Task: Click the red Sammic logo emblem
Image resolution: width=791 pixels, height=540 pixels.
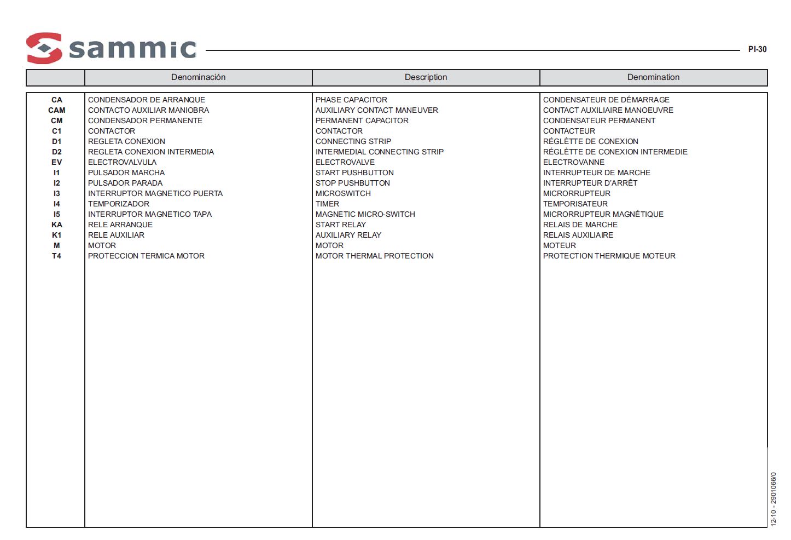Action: [x=44, y=48]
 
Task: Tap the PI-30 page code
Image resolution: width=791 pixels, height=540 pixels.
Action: [x=757, y=49]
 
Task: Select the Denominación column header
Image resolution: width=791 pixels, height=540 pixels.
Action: [x=198, y=77]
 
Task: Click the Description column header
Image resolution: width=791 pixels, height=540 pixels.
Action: [x=426, y=77]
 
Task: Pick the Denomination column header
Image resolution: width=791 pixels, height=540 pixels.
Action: [x=653, y=77]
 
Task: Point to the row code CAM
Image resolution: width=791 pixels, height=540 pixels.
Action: [x=56, y=110]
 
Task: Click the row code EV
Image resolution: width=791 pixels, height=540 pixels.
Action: [x=56, y=162]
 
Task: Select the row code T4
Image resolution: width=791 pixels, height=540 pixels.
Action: [x=56, y=256]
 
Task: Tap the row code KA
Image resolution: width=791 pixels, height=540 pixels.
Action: [x=56, y=225]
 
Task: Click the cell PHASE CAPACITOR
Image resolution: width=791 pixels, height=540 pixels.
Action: [x=351, y=100]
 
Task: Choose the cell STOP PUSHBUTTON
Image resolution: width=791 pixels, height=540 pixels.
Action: [x=353, y=183]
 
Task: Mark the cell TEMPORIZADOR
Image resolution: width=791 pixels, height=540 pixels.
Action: [x=119, y=204]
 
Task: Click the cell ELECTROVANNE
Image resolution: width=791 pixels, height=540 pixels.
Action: [x=574, y=162]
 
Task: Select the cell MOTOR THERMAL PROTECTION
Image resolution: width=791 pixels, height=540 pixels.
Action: [x=375, y=256]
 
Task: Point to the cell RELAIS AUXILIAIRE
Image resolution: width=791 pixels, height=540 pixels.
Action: [x=578, y=235]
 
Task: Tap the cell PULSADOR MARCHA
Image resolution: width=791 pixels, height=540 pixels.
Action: [x=126, y=173]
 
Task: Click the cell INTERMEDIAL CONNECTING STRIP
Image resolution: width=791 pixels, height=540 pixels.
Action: [x=380, y=152]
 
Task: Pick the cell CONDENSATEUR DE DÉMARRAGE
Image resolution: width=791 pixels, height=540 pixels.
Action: [x=606, y=100]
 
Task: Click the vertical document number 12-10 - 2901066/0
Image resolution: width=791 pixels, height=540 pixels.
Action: [x=773, y=499]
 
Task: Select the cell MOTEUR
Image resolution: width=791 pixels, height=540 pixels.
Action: [x=560, y=245]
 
